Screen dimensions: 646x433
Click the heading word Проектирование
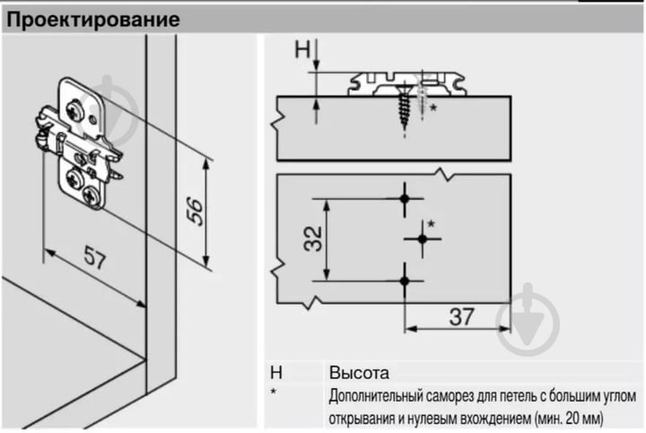pyautogui.click(x=93, y=20)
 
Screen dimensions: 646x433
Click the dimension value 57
pyautogui.click(x=95, y=257)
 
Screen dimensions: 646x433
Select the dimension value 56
pyautogui.click(x=195, y=212)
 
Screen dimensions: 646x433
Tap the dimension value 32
pyautogui.click(x=313, y=238)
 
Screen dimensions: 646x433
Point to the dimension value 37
pyautogui.click(x=461, y=316)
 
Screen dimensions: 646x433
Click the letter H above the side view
pyautogui.click(x=302, y=49)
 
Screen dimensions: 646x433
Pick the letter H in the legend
pyautogui.click(x=276, y=373)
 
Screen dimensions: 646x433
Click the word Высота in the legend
pyautogui.click(x=359, y=373)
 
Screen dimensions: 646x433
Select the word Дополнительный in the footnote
pyautogui.click(x=375, y=397)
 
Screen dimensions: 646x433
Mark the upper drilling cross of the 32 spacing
pyautogui.click(x=405, y=199)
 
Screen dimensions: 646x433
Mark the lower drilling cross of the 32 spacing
pyautogui.click(x=405, y=281)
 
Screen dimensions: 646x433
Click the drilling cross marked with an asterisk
pyautogui.click(x=423, y=238)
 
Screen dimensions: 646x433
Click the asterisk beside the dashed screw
pyautogui.click(x=433, y=108)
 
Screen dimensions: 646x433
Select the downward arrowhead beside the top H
pyautogui.click(x=317, y=65)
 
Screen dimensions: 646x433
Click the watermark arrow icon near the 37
pyautogui.click(x=528, y=319)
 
